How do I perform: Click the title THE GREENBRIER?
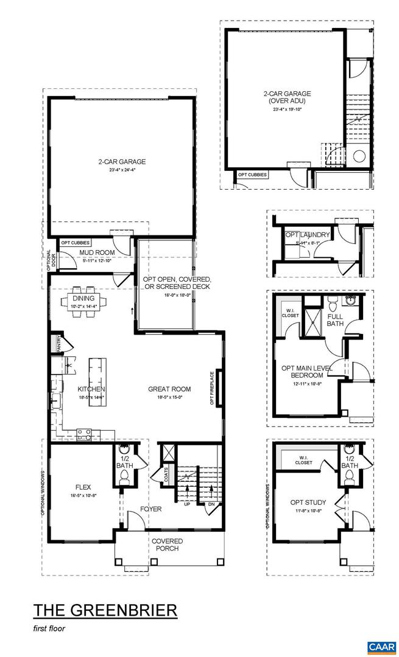click(105, 610)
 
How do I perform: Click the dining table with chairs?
click(85, 299)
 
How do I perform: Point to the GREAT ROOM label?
click(169, 389)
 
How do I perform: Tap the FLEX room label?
click(83, 487)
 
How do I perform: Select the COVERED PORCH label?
click(168, 545)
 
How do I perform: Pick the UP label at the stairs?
click(186, 504)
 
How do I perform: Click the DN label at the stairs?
click(211, 504)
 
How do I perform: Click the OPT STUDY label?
click(308, 502)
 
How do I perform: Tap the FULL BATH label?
click(336, 320)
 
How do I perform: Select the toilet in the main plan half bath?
click(125, 479)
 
